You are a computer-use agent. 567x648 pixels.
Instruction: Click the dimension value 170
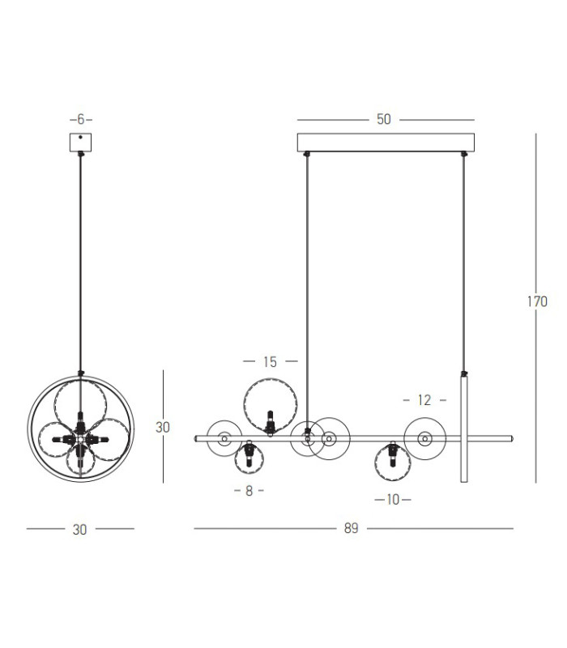537,301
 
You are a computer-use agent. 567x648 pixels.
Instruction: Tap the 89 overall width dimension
351,528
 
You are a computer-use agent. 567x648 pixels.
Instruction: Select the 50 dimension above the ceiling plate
383,119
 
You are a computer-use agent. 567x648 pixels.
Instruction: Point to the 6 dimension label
80,119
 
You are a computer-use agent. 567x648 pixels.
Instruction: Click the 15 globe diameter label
270,362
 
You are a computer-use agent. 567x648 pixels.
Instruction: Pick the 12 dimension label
424,400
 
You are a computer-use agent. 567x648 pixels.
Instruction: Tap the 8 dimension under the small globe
249,491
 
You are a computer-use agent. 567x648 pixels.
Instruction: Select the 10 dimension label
393,500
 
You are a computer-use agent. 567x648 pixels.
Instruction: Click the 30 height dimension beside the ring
163,427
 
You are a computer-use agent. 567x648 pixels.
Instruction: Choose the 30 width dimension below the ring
79,530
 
